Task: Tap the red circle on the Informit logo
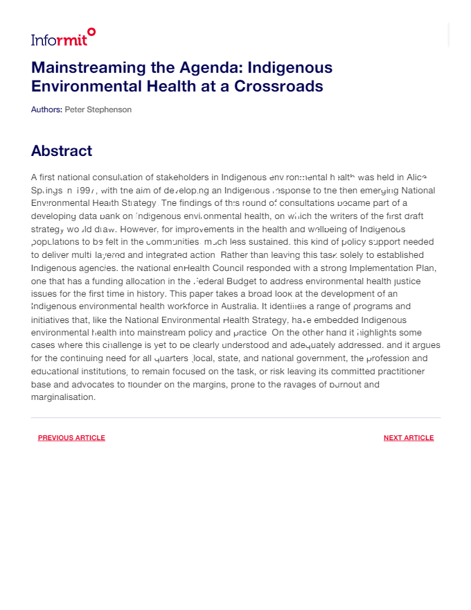pyautogui.click(x=91, y=31)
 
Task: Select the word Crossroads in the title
pyautogui.click(x=278, y=87)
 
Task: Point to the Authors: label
pyautogui.click(x=46, y=110)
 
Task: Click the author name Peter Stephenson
pyautogui.click(x=98, y=110)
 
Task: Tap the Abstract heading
pyautogui.click(x=61, y=151)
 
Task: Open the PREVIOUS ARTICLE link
pyautogui.click(x=71, y=438)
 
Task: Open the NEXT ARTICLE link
pyautogui.click(x=409, y=438)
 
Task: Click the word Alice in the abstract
pyautogui.click(x=416, y=177)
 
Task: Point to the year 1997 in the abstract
pyautogui.click(x=86, y=191)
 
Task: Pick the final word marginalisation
pyautogui.click(x=63, y=398)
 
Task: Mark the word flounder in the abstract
pyautogui.click(x=144, y=385)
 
